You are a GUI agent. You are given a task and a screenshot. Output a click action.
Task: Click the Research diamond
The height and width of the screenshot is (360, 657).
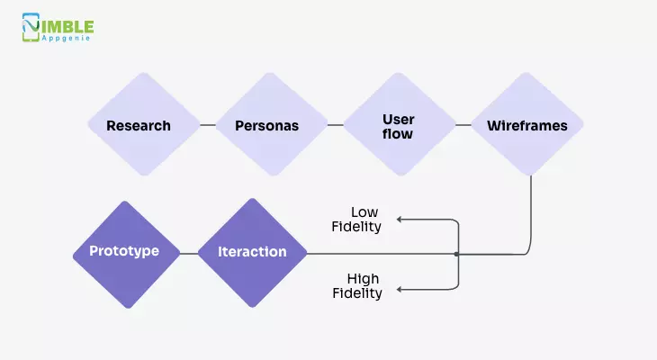[144, 124]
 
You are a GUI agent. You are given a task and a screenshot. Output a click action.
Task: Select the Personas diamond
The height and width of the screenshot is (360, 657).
[272, 124]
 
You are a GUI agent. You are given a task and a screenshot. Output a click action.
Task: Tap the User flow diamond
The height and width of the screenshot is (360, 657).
[400, 124]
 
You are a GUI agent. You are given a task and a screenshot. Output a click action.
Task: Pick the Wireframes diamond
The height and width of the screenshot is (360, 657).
[527, 124]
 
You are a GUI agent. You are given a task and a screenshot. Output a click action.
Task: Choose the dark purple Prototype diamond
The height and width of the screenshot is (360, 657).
[126, 255]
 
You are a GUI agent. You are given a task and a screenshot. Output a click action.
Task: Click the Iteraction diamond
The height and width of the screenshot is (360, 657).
[252, 253]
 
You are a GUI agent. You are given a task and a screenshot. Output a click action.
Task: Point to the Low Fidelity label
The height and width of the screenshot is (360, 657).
[356, 220]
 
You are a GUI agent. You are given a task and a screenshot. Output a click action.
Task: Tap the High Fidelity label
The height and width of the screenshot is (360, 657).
[357, 286]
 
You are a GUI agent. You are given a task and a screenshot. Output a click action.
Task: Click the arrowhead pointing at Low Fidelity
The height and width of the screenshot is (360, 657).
[400, 220]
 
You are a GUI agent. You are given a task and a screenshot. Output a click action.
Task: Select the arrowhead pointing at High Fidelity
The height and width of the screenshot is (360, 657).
[400, 289]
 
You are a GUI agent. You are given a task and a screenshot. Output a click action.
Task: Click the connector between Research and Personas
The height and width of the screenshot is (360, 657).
[208, 125]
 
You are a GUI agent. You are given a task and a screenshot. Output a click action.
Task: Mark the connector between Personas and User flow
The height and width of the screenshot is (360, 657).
[336, 125]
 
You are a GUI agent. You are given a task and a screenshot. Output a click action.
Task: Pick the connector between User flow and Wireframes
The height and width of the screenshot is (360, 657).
[463, 125]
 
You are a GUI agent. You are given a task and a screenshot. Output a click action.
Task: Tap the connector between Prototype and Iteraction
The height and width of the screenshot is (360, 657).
[189, 254]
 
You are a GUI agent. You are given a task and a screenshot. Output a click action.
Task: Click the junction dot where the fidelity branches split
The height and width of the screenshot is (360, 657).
[456, 254]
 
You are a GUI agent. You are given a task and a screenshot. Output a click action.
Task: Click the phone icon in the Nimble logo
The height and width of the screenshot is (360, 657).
[31, 27]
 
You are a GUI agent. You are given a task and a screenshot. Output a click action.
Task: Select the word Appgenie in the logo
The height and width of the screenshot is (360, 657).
[66, 38]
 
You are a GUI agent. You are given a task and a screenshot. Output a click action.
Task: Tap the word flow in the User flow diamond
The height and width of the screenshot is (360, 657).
[398, 134]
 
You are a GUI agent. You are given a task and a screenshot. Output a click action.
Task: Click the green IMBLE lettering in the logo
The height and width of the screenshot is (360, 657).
[67, 27]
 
